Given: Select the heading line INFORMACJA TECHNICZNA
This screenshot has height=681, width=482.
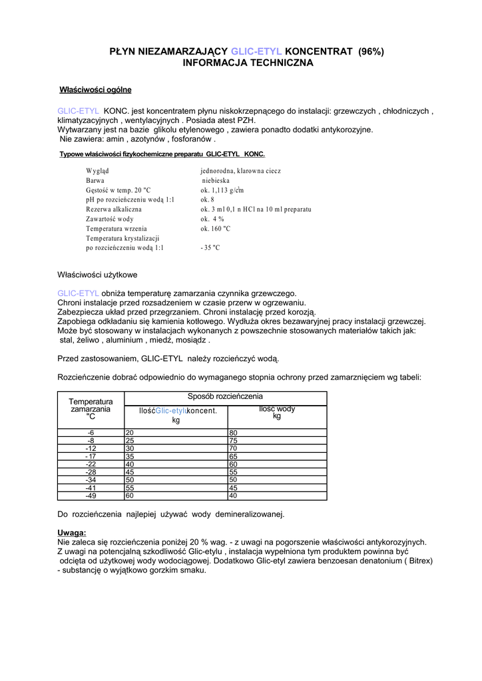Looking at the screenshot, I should click(x=248, y=63).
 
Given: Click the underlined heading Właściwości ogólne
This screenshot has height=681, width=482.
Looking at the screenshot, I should click(x=96, y=89).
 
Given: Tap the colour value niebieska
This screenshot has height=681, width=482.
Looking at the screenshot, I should click(x=216, y=180).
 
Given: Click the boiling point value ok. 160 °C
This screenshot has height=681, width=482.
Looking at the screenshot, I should click(x=215, y=228).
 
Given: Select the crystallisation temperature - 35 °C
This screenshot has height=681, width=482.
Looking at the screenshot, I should click(x=210, y=247).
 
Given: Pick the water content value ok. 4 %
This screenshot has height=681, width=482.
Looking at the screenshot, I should click(x=212, y=219).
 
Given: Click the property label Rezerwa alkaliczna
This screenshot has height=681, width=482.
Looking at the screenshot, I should click(x=113, y=209).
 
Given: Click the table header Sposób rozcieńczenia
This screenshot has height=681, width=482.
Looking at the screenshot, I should click(x=225, y=396).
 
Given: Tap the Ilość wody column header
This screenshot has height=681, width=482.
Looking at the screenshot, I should click(x=277, y=412).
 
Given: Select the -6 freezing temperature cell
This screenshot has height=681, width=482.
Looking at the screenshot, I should click(x=91, y=432).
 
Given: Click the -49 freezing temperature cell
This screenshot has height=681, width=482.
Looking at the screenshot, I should click(x=91, y=495).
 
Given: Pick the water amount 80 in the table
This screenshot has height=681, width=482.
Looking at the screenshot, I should click(x=234, y=432).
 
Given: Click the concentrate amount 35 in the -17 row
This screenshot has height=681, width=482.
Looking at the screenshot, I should click(x=130, y=456).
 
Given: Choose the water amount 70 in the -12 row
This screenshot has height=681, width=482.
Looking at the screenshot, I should click(x=234, y=448).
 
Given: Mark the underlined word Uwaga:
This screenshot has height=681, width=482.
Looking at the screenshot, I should click(x=72, y=533).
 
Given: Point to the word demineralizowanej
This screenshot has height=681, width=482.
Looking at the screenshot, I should click(x=247, y=514).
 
